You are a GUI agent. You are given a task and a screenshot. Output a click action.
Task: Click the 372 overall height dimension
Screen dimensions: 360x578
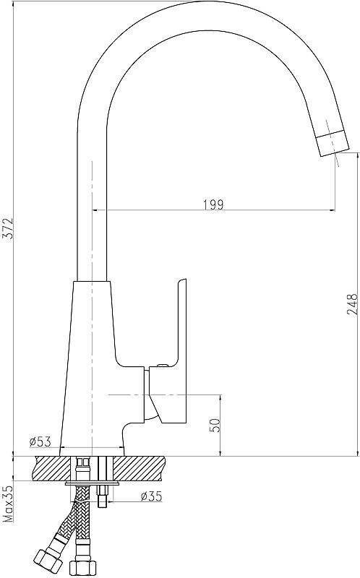(x=8, y=228)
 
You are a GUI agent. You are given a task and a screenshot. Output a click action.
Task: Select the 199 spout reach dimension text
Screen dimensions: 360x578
(x=213, y=204)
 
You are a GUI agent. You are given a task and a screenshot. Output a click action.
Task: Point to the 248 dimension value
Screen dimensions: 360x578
(x=352, y=304)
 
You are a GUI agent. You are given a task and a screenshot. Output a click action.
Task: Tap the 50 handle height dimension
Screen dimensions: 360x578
(x=216, y=425)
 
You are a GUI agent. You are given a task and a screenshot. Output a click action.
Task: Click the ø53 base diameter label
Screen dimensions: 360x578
(x=40, y=441)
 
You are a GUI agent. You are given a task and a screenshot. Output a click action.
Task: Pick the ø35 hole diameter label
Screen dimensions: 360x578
(x=151, y=496)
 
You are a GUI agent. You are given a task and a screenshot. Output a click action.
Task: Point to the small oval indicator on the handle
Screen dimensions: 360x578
(x=160, y=366)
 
